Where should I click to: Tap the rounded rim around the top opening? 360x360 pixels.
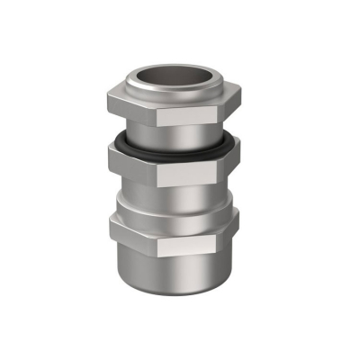(x=179, y=96)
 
